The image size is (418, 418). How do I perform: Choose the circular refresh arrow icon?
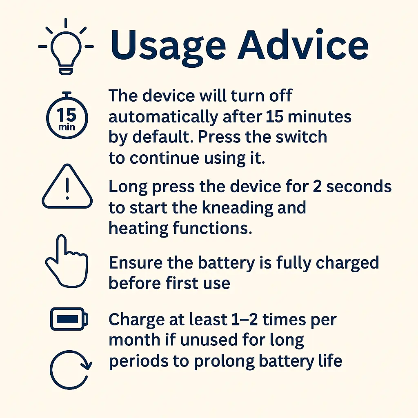[51, 370]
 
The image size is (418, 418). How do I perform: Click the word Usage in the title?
[168, 46]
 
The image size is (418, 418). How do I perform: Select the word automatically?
[163, 117]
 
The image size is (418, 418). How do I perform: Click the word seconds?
[359, 186]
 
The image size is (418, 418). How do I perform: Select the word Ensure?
[136, 263]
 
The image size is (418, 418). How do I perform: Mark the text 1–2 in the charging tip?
[244, 320]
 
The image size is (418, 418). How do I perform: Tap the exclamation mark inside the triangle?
[67, 188]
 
